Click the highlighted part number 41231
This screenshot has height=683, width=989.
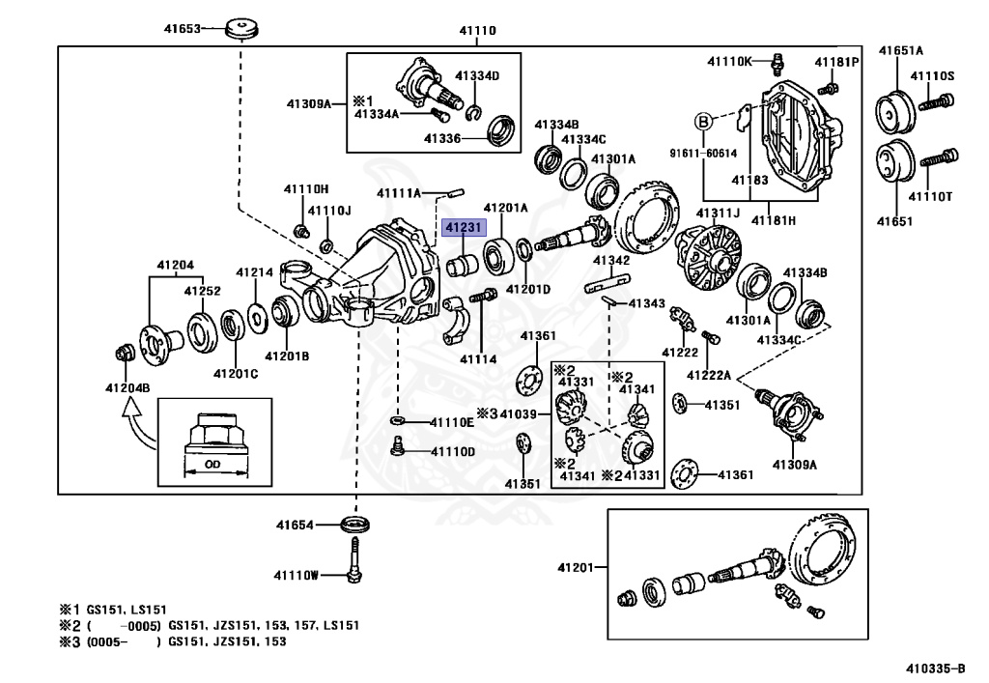click(x=460, y=227)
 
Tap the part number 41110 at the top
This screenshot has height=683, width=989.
click(x=476, y=31)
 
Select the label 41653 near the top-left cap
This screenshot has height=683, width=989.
click(x=181, y=29)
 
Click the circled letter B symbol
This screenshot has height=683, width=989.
click(x=704, y=122)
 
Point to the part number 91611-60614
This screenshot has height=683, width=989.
click(x=702, y=153)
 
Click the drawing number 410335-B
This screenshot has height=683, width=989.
click(x=935, y=668)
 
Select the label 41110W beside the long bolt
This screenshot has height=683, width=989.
click(x=295, y=576)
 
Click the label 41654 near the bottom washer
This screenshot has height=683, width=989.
click(x=295, y=526)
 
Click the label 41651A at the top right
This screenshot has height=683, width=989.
click(x=900, y=50)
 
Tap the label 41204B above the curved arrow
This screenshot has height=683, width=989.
click(x=127, y=387)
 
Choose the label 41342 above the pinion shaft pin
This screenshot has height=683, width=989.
click(x=610, y=261)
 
